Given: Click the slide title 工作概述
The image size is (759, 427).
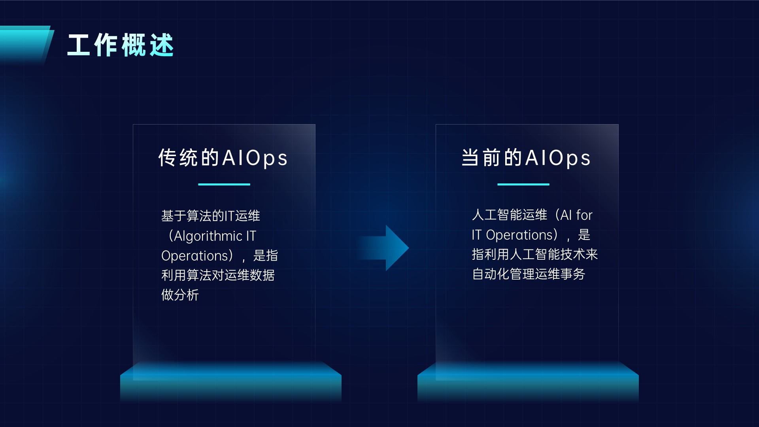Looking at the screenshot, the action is pos(121,45).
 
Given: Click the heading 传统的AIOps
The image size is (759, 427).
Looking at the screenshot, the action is pos(223,158).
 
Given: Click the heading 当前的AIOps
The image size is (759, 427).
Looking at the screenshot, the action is pos(526,158).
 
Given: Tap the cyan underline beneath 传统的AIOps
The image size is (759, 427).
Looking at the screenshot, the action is pos(224,184).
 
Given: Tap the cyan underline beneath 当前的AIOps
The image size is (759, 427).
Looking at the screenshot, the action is pos(523,184).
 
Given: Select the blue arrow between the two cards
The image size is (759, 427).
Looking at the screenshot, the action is pos(383,248).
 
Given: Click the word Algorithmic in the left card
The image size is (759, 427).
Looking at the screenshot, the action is pos(208,236).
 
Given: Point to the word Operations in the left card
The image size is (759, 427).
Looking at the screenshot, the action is pos(195,256).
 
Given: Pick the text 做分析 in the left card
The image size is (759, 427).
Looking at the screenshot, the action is pos(180,295).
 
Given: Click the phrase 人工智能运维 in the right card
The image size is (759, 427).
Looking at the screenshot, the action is pos(510,215).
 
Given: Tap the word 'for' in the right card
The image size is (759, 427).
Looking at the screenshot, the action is pos(584,215).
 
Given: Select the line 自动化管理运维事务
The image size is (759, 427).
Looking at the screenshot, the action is pos(529,274).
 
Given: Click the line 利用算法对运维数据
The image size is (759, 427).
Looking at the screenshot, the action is pos(218,275).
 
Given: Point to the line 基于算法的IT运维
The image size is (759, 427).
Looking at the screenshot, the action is pos(211,216).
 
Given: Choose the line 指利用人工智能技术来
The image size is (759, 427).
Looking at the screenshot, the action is pos(535,254).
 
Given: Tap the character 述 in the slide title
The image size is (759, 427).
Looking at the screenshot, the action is pos(162,45).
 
